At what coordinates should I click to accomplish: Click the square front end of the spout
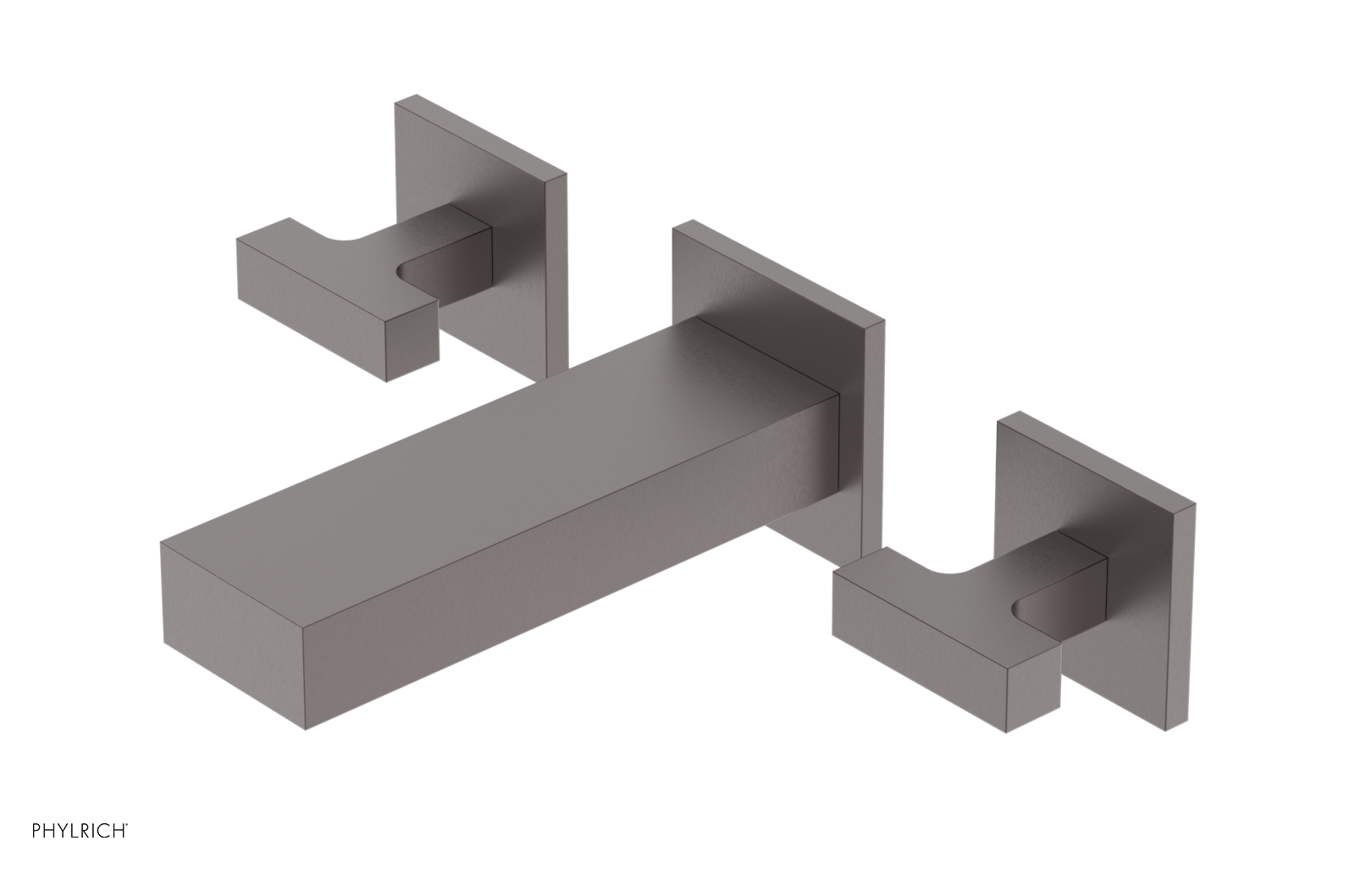pyautogui.click(x=234, y=636)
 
